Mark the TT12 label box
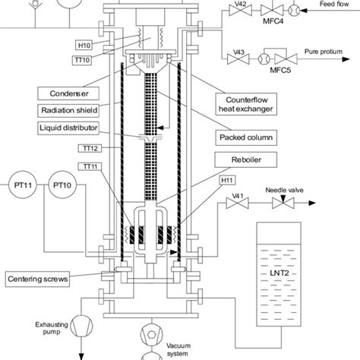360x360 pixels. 89,147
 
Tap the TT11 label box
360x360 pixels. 89,166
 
